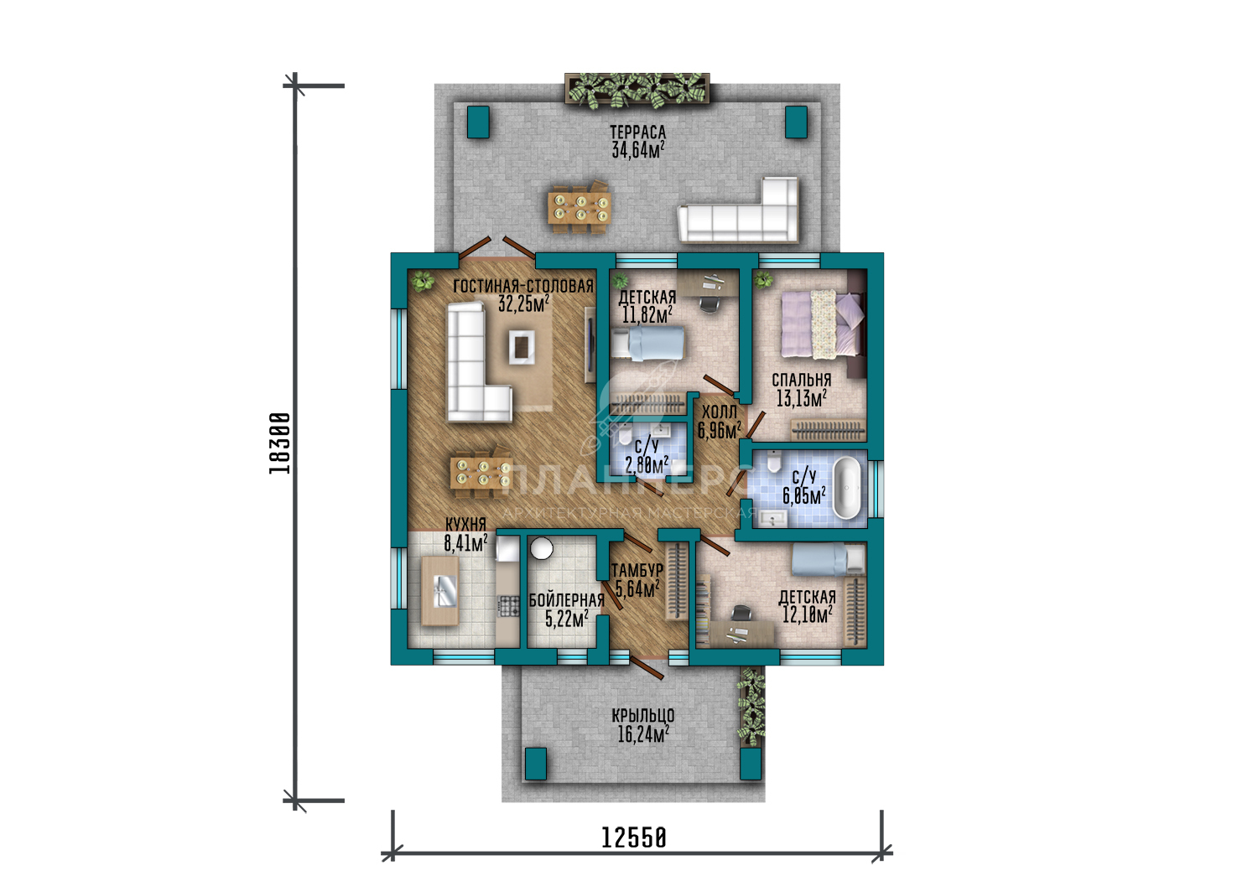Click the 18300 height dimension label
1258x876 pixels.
279,443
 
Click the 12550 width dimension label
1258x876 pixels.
634,837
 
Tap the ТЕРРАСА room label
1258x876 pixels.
638,132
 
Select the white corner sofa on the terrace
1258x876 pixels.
739,211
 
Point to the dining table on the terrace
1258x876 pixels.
580,208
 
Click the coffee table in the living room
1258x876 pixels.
522,347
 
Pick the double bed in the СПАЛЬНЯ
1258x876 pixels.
824,324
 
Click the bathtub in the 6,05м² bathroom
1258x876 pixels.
846,488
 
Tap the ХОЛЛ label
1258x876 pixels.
720,412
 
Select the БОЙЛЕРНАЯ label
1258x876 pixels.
567,600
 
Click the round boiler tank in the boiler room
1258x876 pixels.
542,548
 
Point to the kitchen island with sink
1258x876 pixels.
440,590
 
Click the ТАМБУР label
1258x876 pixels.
637,571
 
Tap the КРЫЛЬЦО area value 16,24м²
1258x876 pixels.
643,734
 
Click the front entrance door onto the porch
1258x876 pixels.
647,668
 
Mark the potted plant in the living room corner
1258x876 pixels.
422,280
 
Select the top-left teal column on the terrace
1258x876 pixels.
479,122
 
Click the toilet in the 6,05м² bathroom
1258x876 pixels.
774,461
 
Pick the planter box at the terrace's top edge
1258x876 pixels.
637,89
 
